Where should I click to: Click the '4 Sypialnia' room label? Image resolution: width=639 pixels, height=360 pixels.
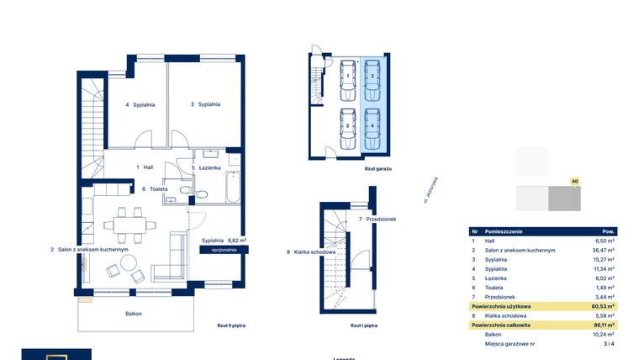(140, 104)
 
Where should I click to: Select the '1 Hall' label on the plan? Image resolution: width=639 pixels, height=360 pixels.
(144, 167)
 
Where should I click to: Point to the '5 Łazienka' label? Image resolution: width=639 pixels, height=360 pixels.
(206, 167)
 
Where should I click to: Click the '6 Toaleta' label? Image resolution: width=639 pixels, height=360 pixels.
(155, 189)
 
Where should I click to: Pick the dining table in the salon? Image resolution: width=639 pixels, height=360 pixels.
(129, 224)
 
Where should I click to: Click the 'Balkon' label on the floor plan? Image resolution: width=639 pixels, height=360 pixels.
(132, 314)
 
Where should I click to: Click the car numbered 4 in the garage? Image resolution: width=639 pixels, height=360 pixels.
(372, 126)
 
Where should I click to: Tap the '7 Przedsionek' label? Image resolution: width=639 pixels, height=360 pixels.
(377, 220)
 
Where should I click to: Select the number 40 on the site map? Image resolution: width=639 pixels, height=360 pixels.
(574, 181)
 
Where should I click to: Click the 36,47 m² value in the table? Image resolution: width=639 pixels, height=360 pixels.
(603, 250)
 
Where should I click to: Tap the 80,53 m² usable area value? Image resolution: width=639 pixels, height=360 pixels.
(602, 306)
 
